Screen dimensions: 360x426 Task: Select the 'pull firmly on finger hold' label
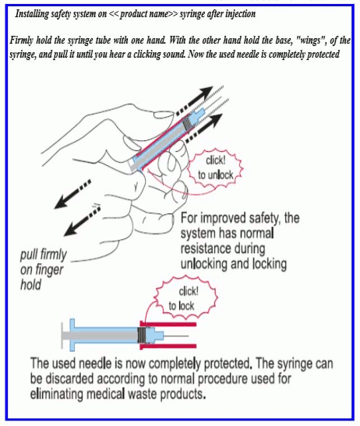point(43,269)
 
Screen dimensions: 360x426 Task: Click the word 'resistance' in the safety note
point(223,248)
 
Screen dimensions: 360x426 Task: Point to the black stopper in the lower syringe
point(142,335)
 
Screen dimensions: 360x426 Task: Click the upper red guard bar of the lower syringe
point(168,324)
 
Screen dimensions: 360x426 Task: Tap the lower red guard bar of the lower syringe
point(168,346)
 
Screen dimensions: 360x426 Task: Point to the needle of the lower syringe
point(176,336)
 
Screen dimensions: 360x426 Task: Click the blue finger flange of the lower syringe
point(72,335)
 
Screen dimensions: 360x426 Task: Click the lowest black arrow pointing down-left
point(82,220)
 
